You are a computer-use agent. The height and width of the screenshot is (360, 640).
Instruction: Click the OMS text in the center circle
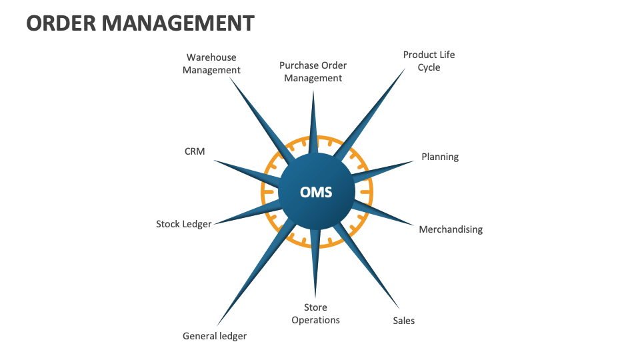316,193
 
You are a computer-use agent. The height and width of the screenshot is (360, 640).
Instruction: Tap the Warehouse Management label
211,64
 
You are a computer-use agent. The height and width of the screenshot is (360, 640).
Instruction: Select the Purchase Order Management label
313,71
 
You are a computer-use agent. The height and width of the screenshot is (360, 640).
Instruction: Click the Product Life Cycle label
429,61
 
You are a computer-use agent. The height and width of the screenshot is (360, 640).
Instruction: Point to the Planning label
440,157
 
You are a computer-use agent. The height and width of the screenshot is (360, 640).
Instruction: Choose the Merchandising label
451,229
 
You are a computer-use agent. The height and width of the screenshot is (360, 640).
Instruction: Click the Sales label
403,321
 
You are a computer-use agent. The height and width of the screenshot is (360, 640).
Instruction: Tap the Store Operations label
315,313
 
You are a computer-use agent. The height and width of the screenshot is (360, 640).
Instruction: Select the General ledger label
215,336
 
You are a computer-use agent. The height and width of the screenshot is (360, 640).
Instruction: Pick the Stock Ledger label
183,224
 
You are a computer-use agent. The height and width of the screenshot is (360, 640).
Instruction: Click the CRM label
195,151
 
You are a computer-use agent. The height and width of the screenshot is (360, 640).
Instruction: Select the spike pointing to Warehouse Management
260,117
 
